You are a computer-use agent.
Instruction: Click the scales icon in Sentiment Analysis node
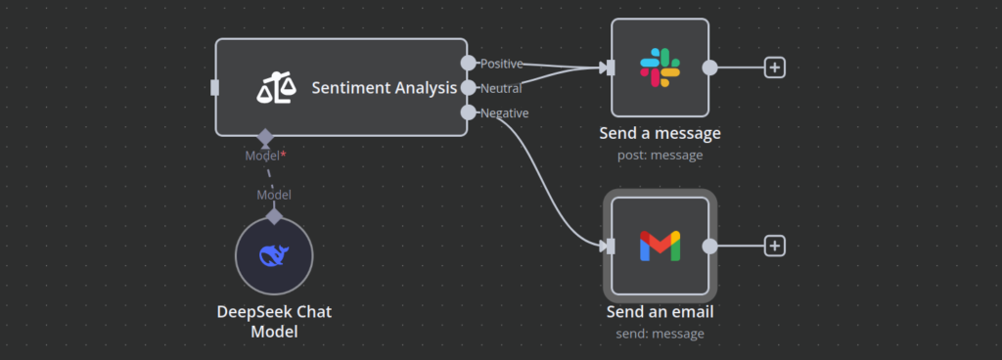tap(276, 89)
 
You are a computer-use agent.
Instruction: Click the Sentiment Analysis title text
tap(384, 88)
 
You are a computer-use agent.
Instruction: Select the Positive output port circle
tap(469, 63)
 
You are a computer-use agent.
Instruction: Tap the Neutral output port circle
tap(469, 88)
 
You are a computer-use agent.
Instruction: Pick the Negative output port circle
tap(469, 112)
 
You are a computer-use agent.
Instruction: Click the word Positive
tap(501, 64)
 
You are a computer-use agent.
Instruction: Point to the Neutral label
tap(500, 88)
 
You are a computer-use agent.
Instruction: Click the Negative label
tap(504, 113)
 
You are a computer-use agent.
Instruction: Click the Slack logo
tap(660, 67)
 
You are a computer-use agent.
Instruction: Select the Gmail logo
tap(660, 247)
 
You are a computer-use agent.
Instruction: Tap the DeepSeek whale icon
tap(273, 256)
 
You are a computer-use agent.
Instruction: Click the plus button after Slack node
tap(774, 67)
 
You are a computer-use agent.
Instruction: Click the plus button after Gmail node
tap(774, 247)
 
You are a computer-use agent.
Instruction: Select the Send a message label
tap(660, 133)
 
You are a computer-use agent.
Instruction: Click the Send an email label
tap(660, 312)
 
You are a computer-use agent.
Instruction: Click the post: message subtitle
tap(660, 155)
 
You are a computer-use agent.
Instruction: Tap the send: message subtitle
tap(660, 334)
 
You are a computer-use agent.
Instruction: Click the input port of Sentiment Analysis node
tap(215, 88)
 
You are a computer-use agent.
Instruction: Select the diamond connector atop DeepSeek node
tap(274, 215)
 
